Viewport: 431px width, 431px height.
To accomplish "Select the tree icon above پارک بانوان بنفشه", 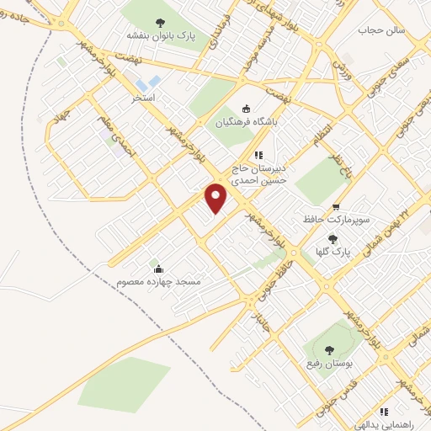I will click(x=161, y=22).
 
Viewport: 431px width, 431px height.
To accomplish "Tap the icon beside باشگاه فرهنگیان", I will click(x=246, y=108).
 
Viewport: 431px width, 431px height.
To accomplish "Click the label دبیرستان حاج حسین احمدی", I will click(x=260, y=173).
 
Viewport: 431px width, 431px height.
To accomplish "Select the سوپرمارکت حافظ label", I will click(x=337, y=221).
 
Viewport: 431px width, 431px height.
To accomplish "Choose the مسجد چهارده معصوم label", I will click(x=160, y=281).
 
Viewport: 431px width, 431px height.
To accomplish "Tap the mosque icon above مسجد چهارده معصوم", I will click(x=159, y=269).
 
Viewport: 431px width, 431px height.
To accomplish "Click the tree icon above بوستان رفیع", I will click(x=327, y=349).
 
